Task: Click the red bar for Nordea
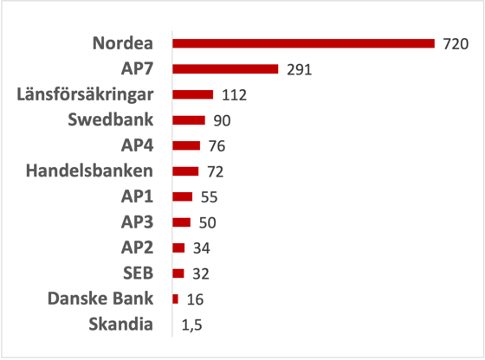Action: pos(303,43)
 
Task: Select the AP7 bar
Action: pos(225,68)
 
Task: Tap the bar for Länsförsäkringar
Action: pos(192,94)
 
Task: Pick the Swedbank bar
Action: pos(189,119)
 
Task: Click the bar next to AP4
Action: pos(186,145)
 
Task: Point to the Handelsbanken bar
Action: pos(185,170)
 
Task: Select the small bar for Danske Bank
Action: pos(176,299)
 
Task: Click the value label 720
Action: pos(455,43)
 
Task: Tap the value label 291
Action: pos(299,69)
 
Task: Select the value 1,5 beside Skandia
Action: pos(192,325)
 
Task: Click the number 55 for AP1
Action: pos(208,196)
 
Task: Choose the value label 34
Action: pos(200,248)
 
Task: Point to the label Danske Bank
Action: pos(103,299)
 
